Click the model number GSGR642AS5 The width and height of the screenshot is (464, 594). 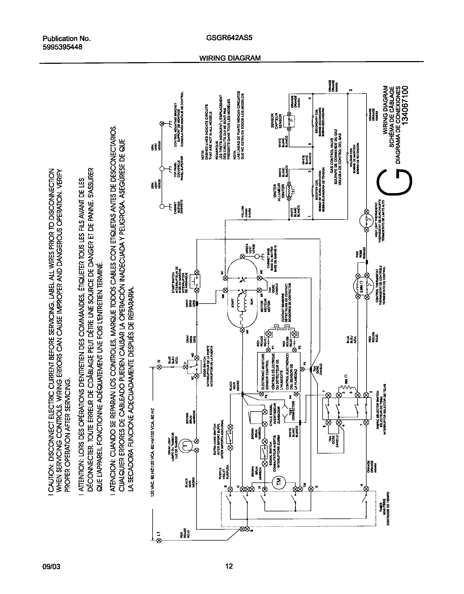coord(229,38)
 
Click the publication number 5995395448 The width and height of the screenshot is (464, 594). coord(62,47)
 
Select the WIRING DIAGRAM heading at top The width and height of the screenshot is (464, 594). coord(230,58)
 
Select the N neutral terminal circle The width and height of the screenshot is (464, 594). coord(159,368)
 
